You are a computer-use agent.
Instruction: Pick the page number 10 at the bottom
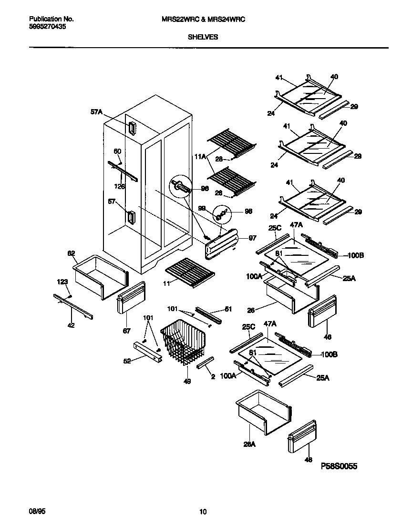(x=203, y=512)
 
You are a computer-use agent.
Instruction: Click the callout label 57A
(x=96, y=112)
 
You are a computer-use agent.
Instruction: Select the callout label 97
(x=253, y=238)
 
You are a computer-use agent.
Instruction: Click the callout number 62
(x=71, y=253)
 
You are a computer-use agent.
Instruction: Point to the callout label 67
(x=126, y=330)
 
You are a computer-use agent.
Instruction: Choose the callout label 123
(x=63, y=282)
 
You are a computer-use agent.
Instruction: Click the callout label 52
(x=127, y=361)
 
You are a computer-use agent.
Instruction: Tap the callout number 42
(x=71, y=325)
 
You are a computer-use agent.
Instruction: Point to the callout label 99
(x=202, y=208)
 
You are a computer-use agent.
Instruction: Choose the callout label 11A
(x=200, y=155)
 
